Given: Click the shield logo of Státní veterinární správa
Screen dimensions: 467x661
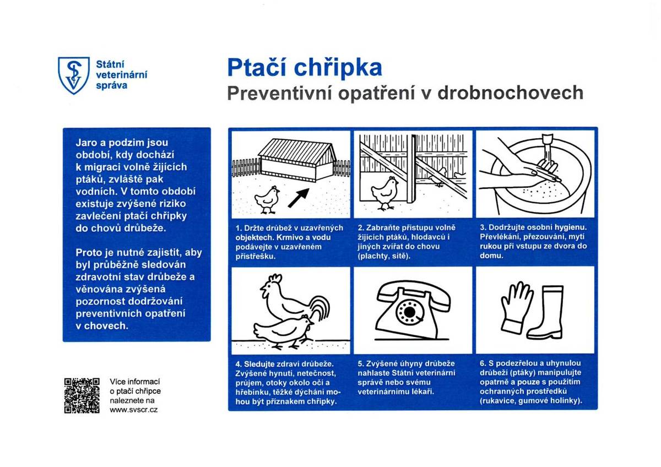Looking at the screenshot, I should [x=73, y=75].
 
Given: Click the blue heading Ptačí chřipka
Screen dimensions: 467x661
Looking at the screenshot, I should [x=305, y=68].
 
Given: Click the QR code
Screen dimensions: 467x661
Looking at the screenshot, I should [x=82, y=395].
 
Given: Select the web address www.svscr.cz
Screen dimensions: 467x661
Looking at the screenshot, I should [x=134, y=410].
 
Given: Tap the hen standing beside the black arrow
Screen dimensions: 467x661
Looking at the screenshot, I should [x=268, y=198].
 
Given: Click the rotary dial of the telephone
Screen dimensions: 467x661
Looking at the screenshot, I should [x=410, y=313].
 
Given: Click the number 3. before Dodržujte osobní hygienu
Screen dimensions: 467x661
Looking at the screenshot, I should [x=484, y=227].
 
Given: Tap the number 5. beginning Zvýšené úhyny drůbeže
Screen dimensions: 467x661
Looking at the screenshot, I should [x=361, y=364].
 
